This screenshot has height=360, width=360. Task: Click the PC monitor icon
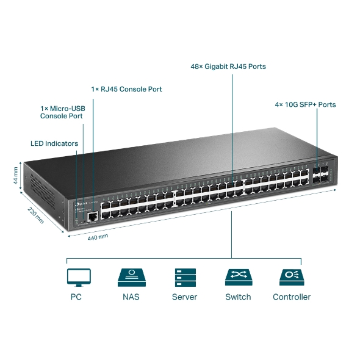click(78, 277)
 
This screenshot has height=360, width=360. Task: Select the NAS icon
click(131, 277)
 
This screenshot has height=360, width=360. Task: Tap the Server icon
click(184, 277)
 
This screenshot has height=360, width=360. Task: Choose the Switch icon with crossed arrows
click(238, 277)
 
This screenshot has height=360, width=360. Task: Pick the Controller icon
click(292, 277)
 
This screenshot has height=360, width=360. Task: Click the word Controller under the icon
click(292, 297)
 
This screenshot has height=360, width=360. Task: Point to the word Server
click(184, 297)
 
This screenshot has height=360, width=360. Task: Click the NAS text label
click(131, 297)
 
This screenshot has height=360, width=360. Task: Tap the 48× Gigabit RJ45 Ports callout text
click(228, 67)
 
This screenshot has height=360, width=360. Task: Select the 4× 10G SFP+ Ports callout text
click(305, 104)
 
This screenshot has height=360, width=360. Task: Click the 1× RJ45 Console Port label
click(127, 89)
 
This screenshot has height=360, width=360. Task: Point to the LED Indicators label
click(54, 143)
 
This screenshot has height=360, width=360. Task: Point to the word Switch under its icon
click(238, 297)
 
